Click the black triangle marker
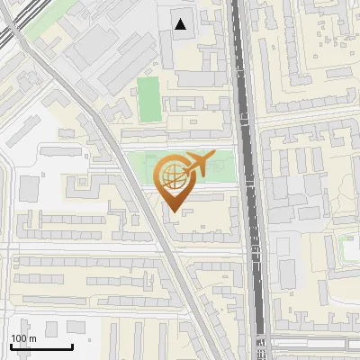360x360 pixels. point(182,24)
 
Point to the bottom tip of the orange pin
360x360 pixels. point(174,211)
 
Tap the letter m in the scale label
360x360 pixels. point(32,338)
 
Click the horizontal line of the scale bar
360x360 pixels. point(41,346)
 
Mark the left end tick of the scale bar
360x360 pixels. point(11,345)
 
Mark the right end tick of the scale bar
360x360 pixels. point(72,345)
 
